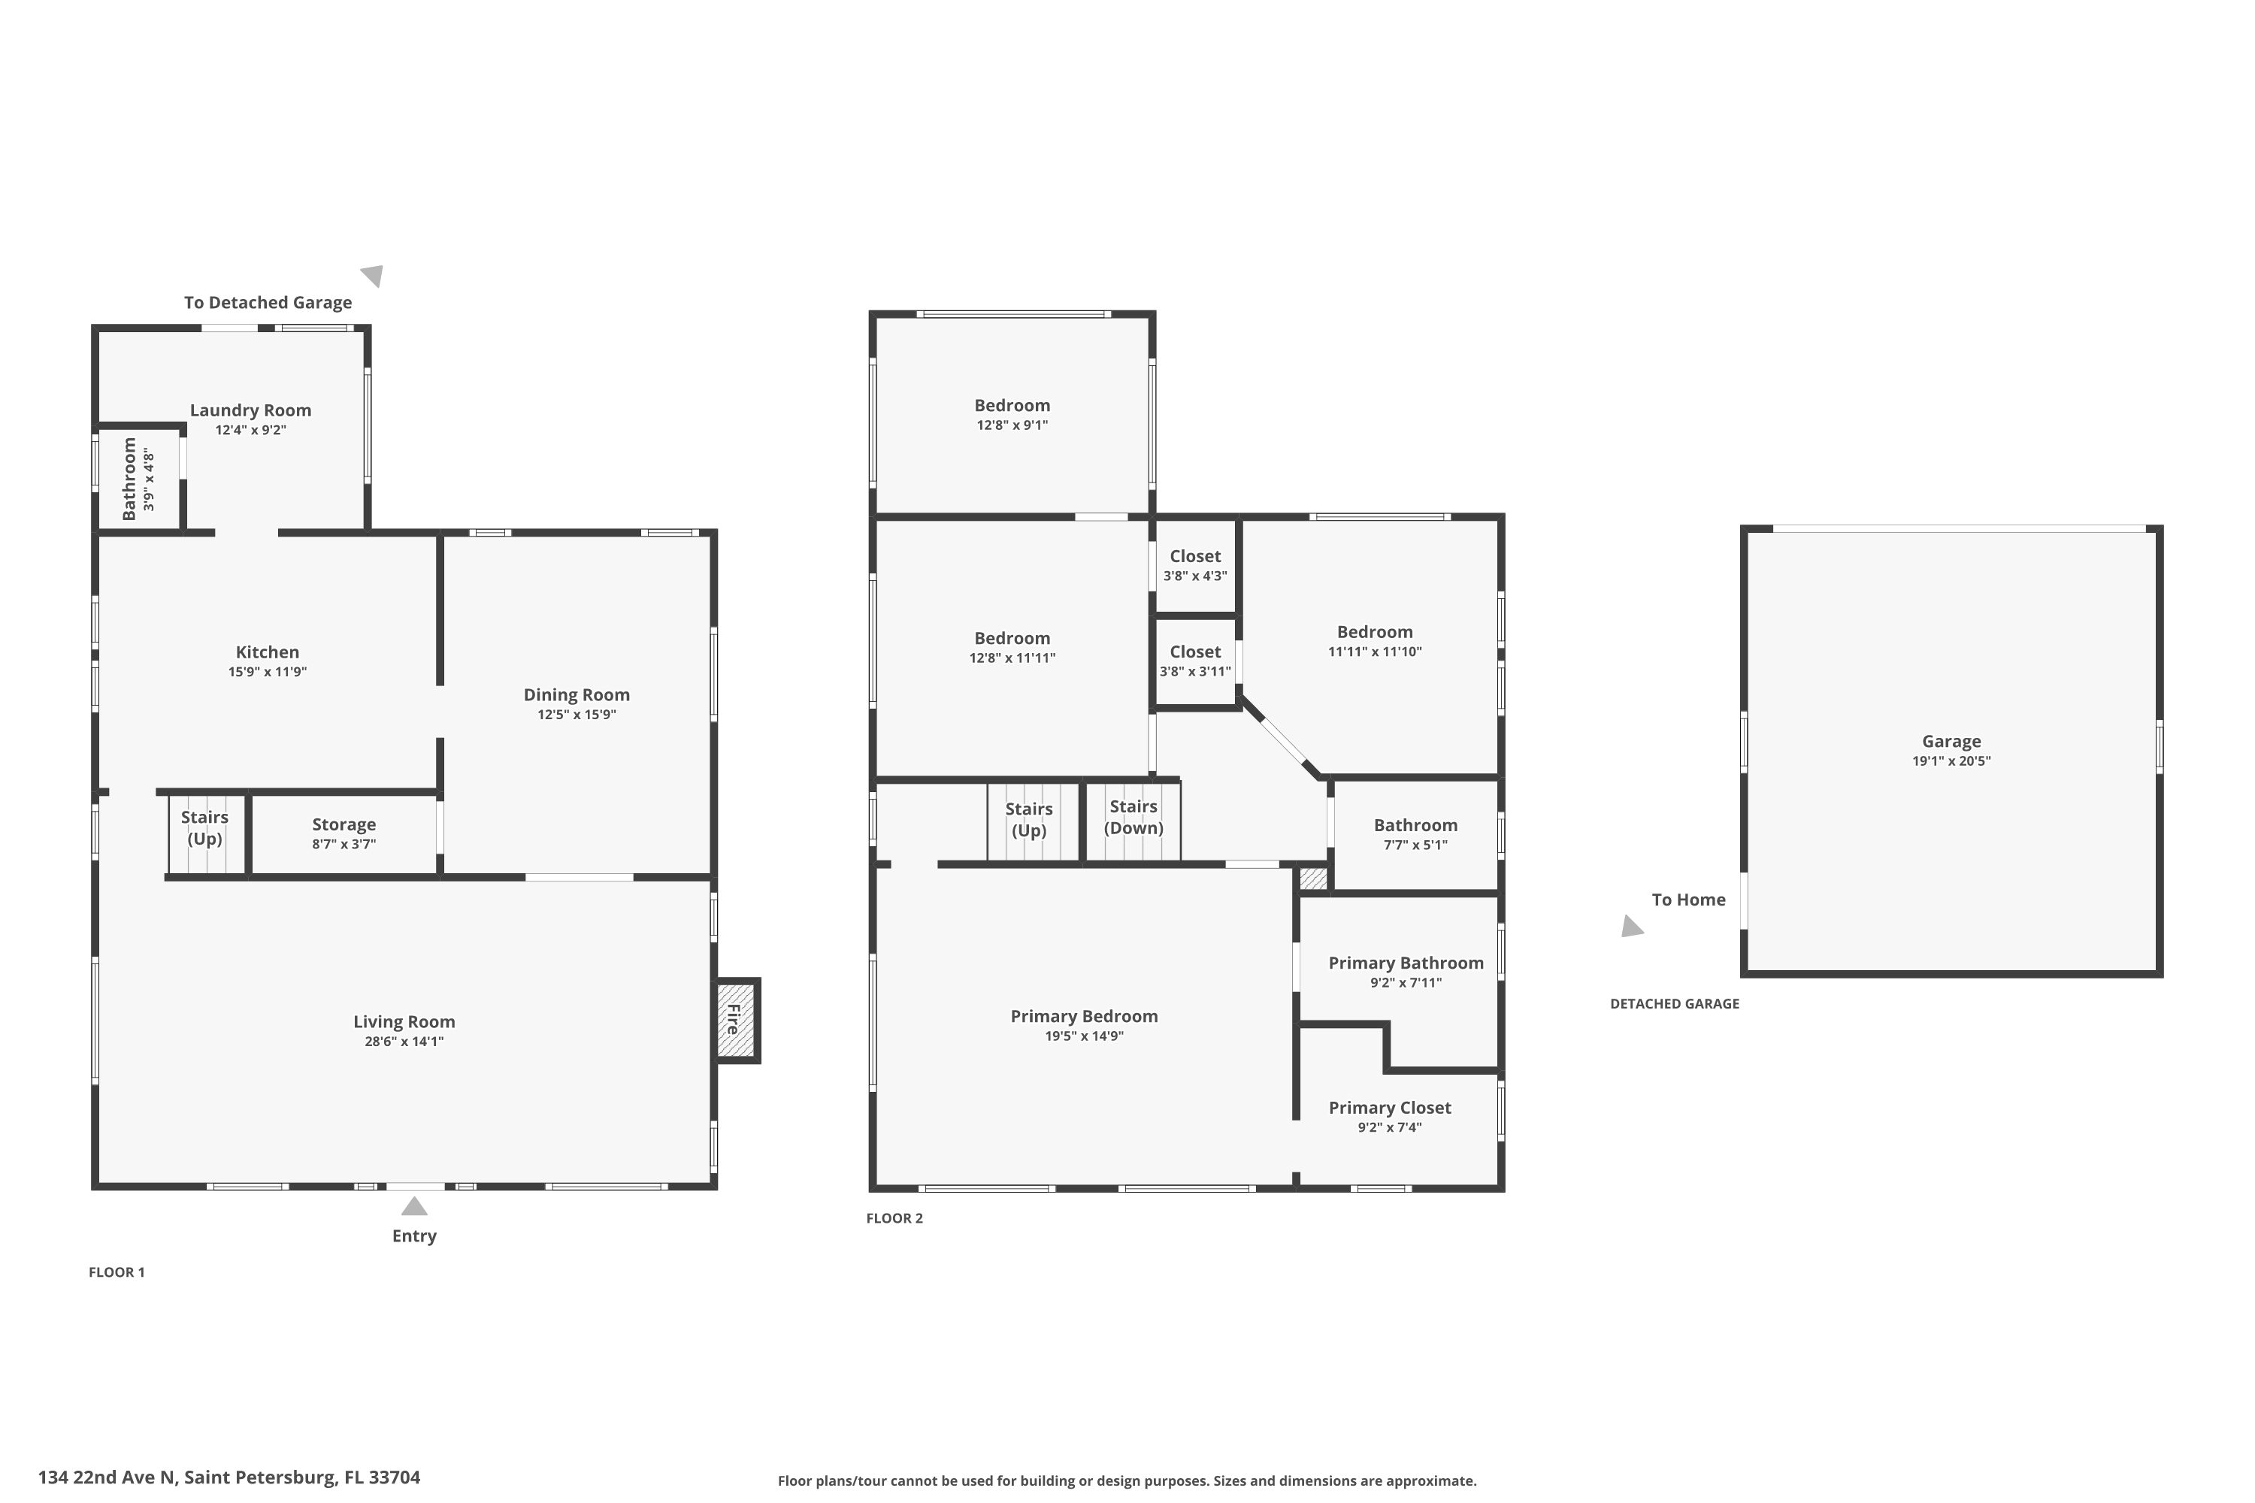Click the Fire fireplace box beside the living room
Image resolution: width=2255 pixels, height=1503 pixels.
737,1019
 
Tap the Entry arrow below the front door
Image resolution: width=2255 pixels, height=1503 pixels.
414,1206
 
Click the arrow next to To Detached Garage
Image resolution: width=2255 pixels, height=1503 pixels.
373,276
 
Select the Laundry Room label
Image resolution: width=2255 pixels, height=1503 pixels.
250,410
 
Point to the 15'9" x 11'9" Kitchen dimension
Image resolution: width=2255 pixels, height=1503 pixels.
268,672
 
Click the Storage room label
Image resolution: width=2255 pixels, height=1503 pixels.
344,824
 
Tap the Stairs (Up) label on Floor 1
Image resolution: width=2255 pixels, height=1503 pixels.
204,827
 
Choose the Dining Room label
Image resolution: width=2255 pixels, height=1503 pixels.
577,695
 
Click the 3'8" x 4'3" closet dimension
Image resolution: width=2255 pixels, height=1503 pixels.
1194,576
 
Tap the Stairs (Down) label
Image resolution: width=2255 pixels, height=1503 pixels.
1134,817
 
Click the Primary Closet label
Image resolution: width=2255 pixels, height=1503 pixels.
1389,1107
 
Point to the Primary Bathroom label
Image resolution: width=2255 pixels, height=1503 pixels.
1406,963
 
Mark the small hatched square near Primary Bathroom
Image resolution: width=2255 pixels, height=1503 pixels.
1312,878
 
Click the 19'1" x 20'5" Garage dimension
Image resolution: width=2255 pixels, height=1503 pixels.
1951,761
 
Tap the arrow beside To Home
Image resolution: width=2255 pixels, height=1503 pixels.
1631,926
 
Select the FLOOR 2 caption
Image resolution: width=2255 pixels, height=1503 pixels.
894,1218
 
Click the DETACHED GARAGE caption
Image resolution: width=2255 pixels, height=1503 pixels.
1674,1003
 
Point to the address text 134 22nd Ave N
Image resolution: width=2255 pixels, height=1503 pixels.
229,1477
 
